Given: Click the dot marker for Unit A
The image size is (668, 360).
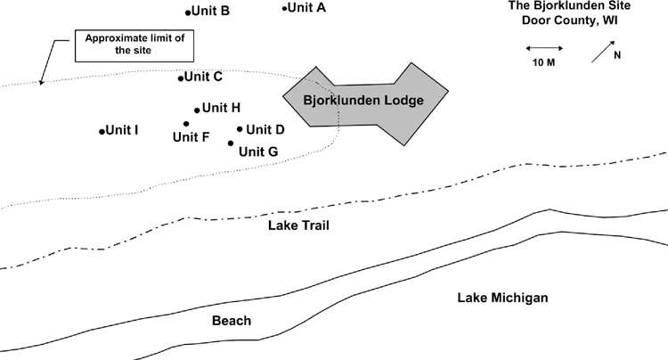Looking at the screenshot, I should point(284,9).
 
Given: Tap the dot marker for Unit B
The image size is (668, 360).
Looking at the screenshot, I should point(188,12).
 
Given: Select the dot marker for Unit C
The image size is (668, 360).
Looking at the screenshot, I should point(181,78).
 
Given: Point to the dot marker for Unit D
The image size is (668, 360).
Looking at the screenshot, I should point(240,129).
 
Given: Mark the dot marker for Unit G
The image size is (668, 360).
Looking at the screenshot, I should point(231,143).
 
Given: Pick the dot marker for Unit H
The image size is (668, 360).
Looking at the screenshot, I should point(197,110).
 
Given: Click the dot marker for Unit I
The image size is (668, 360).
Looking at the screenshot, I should point(102,132).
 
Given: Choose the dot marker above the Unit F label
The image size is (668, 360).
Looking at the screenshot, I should point(186,124).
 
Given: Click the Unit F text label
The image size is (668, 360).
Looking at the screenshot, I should point(191,137).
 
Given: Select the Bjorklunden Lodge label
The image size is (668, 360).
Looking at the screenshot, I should point(363,100).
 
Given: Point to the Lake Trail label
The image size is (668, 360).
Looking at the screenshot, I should point(298,226).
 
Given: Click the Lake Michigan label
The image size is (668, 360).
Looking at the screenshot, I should point(502,298).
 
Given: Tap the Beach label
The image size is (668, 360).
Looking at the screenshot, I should point(232,321).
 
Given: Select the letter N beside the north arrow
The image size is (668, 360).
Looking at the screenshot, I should point(617,54).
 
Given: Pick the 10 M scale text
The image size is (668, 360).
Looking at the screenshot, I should point(543,63).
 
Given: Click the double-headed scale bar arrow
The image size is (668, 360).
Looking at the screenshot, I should point(542,48).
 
